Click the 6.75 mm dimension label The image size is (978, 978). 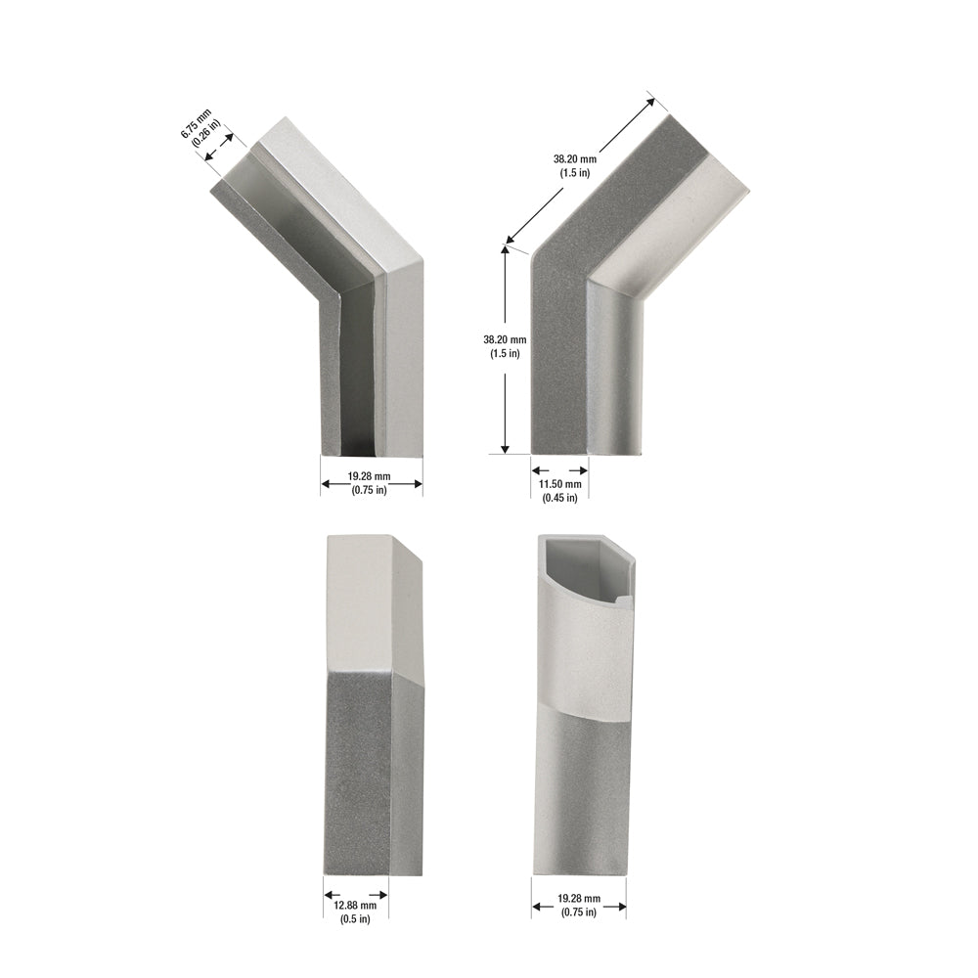pos(196,123)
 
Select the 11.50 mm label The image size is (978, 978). pos(560,484)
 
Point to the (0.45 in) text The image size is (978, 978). pos(560,498)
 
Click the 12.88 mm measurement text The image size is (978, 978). pos(356,905)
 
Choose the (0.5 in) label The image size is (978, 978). pos(356,919)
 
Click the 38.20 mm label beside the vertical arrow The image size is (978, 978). pos(505,340)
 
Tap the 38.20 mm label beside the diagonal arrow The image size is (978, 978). pos(575,159)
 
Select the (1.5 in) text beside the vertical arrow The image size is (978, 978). pos(505,354)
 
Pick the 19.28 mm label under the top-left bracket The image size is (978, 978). pos(370,476)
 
